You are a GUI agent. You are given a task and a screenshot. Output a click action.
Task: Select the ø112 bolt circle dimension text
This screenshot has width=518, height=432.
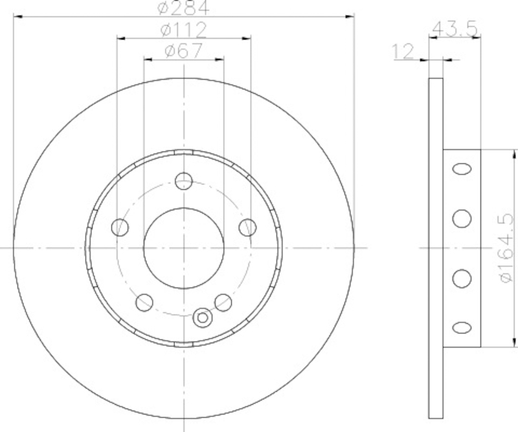183,29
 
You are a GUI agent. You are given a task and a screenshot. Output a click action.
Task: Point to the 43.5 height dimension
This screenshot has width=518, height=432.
455,28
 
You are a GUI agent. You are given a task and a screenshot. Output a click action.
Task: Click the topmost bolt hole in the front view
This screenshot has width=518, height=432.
185,181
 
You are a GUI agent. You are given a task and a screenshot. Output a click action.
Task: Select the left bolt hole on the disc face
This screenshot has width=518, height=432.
120,227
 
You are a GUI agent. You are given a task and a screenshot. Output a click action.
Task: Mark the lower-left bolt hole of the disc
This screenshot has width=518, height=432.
144,302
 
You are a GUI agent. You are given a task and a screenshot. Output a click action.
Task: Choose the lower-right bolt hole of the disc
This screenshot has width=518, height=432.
223,302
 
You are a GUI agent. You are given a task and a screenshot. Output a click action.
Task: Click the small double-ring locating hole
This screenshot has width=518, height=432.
203,317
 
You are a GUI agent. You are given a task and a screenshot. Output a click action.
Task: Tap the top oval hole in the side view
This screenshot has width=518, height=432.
462,169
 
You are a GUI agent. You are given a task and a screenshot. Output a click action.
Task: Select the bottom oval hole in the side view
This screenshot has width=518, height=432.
462,327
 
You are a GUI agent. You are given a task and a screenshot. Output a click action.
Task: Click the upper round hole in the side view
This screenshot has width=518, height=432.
462,218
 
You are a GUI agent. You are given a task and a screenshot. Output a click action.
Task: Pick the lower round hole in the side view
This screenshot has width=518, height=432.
462,278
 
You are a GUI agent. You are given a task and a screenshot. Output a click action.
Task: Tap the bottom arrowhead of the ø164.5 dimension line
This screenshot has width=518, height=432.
516,343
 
